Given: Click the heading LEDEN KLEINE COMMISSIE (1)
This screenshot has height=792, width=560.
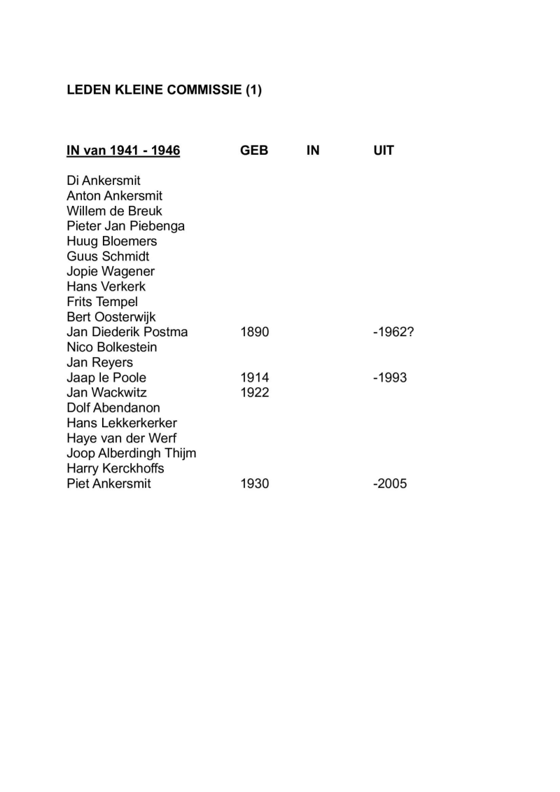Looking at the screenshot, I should (164, 90).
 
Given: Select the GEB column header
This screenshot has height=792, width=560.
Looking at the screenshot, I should (254, 151).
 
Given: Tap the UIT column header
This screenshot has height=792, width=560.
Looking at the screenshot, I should (384, 151).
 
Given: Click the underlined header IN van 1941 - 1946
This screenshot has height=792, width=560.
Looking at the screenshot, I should (123, 151).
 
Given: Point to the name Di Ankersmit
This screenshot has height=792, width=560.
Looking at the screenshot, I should (104, 181).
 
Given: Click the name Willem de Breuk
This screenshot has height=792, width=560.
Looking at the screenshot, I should (114, 211).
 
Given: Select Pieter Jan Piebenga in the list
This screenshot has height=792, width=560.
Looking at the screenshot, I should (125, 226).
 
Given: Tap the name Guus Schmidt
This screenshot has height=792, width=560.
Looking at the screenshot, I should (108, 256).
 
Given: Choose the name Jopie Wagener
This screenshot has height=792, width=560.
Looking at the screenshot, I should (111, 272).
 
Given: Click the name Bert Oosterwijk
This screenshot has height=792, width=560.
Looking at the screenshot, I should (111, 317).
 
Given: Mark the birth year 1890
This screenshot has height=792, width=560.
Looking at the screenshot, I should (254, 332).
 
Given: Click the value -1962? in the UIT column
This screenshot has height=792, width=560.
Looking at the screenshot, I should (393, 332).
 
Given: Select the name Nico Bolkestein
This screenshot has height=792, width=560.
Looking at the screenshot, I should (112, 347).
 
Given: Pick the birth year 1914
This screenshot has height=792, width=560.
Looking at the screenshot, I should (254, 378).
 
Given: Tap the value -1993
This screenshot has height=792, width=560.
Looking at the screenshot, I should (390, 378).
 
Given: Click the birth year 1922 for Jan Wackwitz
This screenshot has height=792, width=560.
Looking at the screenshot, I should (254, 393).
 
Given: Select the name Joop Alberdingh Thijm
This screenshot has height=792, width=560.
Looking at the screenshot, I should (131, 453).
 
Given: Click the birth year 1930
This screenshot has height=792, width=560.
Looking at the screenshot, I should (254, 484).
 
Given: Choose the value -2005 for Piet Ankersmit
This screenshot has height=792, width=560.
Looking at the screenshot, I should (390, 484).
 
